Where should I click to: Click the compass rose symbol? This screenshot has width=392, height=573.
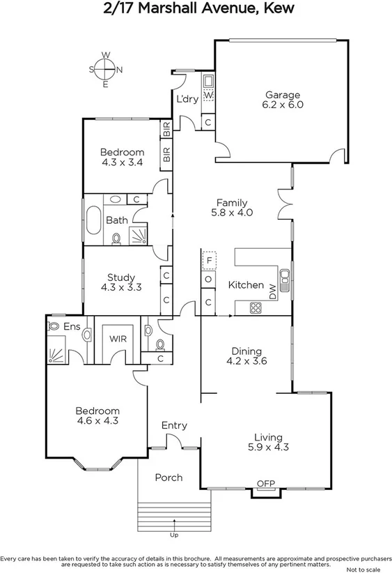[x=105, y=69]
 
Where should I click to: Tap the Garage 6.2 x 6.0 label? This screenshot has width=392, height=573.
[x=281, y=100]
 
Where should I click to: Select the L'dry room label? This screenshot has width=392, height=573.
[x=187, y=99]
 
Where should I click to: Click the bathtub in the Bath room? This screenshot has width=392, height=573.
[x=93, y=220]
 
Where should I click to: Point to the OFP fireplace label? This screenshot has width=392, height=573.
[x=265, y=483]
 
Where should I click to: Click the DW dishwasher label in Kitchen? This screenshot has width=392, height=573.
[x=273, y=293]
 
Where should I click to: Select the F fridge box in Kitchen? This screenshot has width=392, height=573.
[x=208, y=261]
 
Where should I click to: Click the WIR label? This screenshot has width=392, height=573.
[x=117, y=339]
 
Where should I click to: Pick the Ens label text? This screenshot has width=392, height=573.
[x=71, y=326]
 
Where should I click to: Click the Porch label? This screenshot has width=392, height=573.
[x=168, y=477]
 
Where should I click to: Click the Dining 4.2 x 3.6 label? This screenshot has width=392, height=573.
[x=246, y=356]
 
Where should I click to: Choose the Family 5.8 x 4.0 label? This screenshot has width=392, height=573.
[x=232, y=208]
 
